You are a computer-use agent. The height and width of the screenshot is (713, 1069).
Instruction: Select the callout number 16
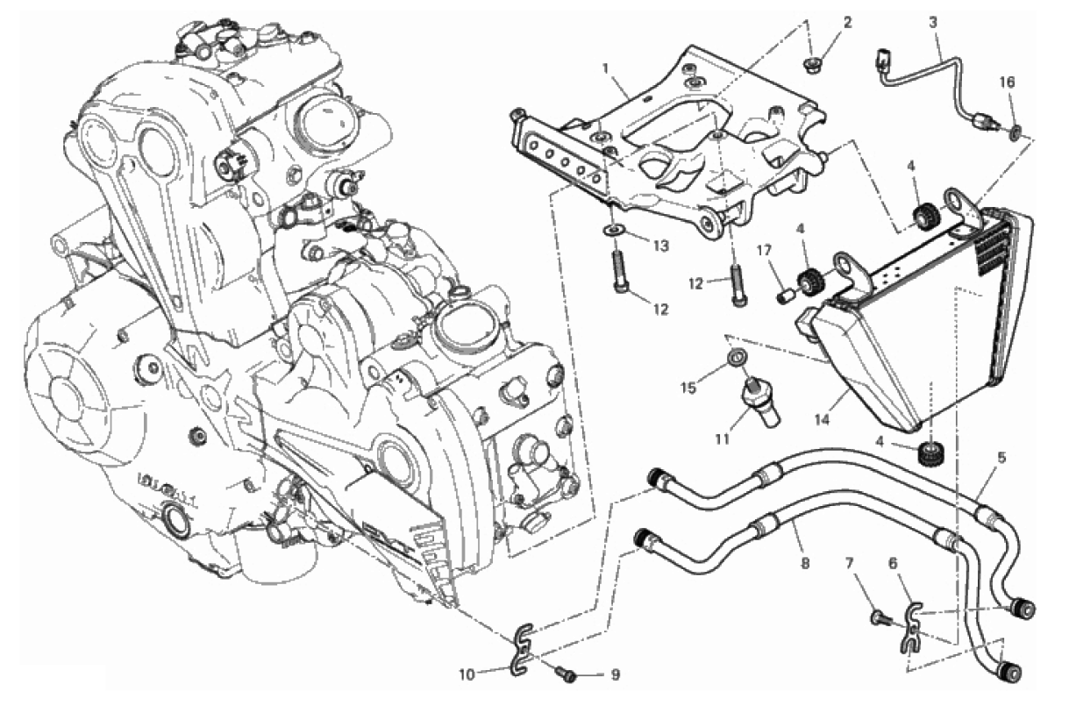[x=1008, y=82]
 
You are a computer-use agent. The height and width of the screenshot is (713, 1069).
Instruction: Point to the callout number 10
[x=467, y=674]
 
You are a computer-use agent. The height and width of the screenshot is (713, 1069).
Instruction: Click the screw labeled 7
[x=880, y=618]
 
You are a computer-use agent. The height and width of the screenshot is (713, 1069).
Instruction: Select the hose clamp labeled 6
[x=911, y=627]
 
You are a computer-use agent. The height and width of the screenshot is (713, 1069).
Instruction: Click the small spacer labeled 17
[x=783, y=296]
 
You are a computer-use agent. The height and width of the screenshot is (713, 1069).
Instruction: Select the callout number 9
[x=615, y=674]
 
